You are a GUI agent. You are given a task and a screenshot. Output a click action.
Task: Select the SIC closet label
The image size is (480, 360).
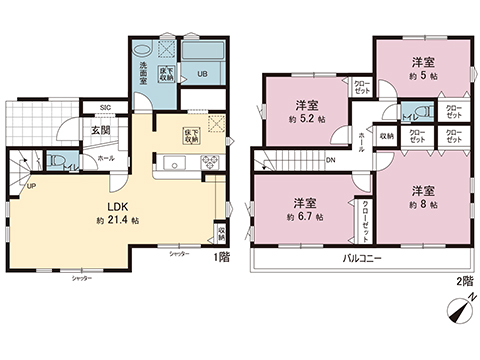(x=104, y=106)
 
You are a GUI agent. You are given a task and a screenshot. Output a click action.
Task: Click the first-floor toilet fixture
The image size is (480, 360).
(x=58, y=160)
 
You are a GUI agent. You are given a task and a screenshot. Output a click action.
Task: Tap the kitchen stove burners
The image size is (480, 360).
(x=211, y=162)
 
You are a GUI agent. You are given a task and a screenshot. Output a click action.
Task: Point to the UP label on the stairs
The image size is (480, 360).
(x=30, y=185)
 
